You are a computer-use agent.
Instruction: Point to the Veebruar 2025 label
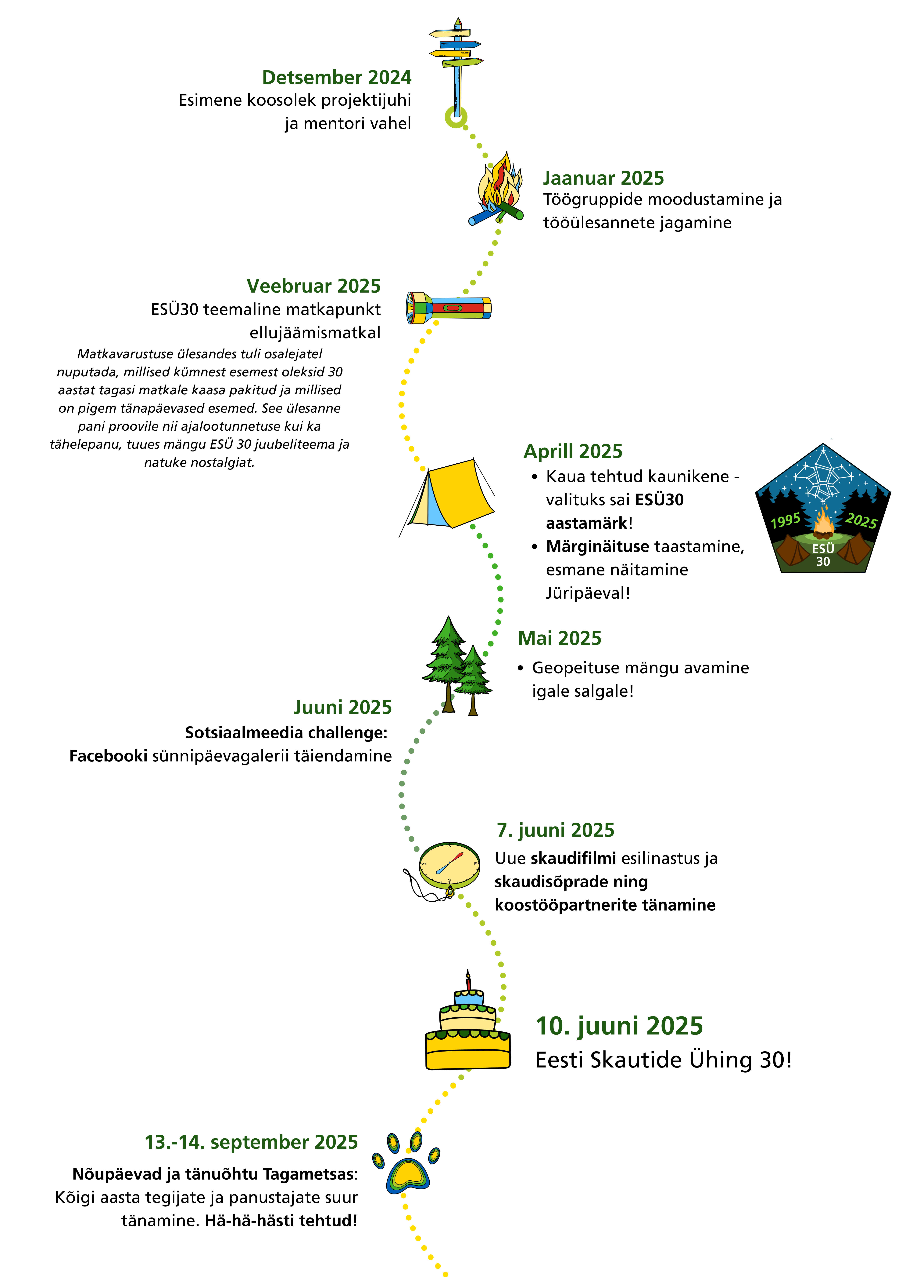(313, 286)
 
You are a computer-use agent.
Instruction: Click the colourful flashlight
(449, 308)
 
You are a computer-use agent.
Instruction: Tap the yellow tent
(453, 493)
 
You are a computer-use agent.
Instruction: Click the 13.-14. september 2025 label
(251, 1142)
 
